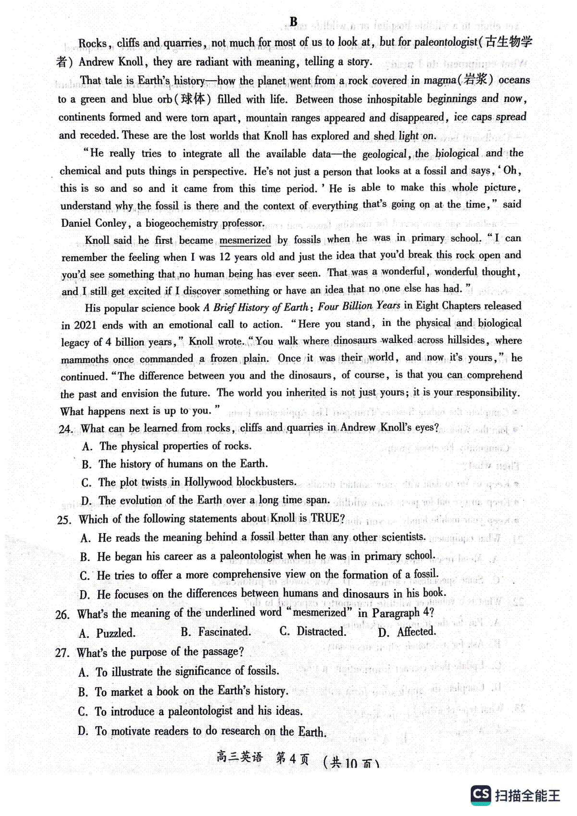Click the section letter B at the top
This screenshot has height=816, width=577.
coord(293,22)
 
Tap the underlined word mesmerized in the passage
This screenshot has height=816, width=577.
coord(245,240)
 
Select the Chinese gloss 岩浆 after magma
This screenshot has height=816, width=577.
coord(476,80)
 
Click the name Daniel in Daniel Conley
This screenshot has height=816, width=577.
coord(77,223)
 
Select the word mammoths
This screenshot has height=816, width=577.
coord(85,359)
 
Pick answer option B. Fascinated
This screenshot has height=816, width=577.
coord(216,632)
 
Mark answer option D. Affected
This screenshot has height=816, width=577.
coord(407,632)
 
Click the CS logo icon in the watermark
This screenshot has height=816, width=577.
coord(481,795)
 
